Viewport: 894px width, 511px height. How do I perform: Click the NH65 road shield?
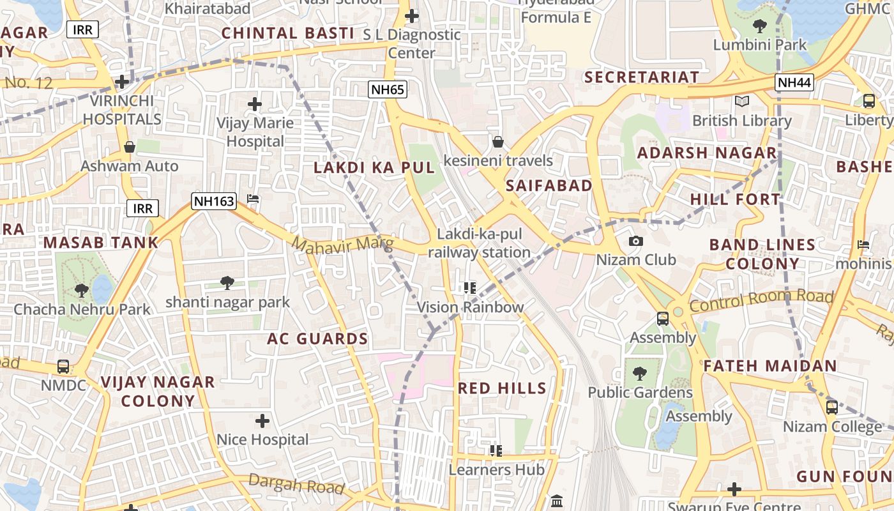388,89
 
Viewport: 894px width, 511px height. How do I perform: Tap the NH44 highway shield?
794,82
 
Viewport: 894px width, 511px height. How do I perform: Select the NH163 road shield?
214,201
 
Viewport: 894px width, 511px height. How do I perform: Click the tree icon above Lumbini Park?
759,26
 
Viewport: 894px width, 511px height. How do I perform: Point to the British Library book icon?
741,102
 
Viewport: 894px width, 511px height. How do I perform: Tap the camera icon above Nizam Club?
635,241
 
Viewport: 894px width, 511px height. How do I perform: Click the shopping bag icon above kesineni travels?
498,142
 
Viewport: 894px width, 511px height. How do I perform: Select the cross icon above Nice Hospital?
262,421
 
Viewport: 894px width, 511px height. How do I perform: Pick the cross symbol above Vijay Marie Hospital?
255,104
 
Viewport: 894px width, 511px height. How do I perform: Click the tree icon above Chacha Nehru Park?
82,291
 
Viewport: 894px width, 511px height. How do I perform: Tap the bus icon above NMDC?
63,367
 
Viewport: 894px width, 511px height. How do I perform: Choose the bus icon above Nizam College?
831,408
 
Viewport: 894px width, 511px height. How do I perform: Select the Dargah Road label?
296,484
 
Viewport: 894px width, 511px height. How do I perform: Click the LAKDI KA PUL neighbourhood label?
374,168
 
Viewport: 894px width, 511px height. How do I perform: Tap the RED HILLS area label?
502,388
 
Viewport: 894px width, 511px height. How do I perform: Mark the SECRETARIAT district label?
642,77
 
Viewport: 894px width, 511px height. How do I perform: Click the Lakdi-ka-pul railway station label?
479,243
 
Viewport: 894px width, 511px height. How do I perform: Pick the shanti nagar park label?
227,302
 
